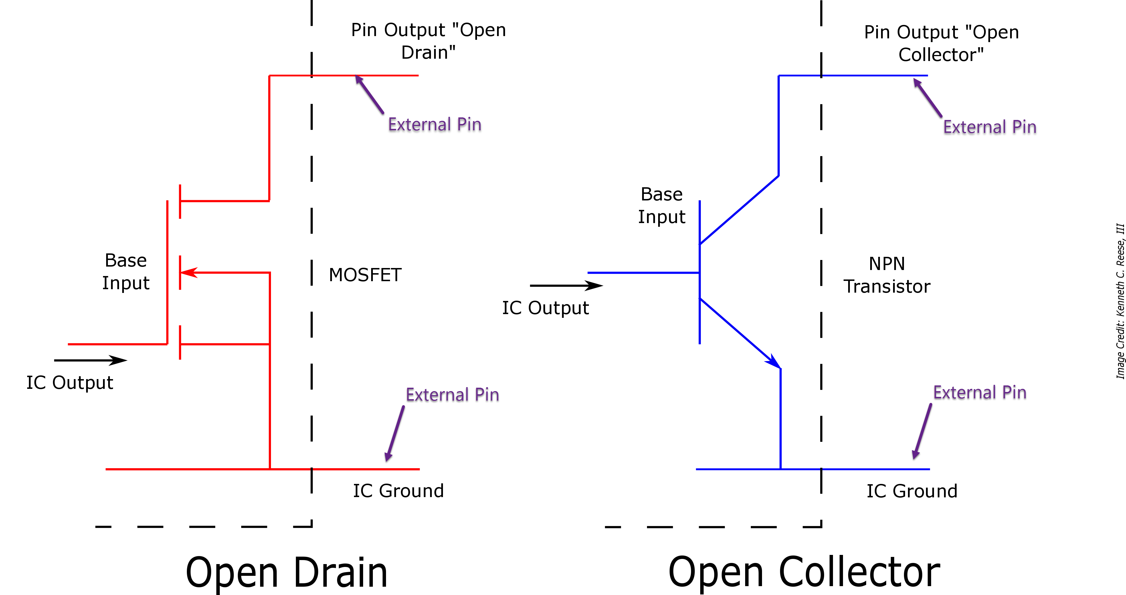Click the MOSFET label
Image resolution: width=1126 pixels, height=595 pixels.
[365, 275]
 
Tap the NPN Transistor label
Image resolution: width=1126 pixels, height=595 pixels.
[886, 275]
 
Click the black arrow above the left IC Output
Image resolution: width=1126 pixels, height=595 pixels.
[90, 360]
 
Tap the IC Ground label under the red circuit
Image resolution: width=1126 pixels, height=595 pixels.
[398, 491]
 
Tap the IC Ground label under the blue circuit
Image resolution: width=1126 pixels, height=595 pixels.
[912, 491]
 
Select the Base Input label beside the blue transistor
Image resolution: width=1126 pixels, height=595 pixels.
[661, 205]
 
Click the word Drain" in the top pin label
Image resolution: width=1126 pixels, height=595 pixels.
[428, 52]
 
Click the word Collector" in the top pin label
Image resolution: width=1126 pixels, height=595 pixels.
[941, 55]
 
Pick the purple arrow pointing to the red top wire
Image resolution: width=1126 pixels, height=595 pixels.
[370, 94]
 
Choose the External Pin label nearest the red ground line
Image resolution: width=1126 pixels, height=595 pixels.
[452, 395]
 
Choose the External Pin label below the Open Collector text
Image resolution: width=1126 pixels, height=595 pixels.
[990, 127]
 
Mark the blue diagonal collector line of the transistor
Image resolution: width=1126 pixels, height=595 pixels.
[739, 210]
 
